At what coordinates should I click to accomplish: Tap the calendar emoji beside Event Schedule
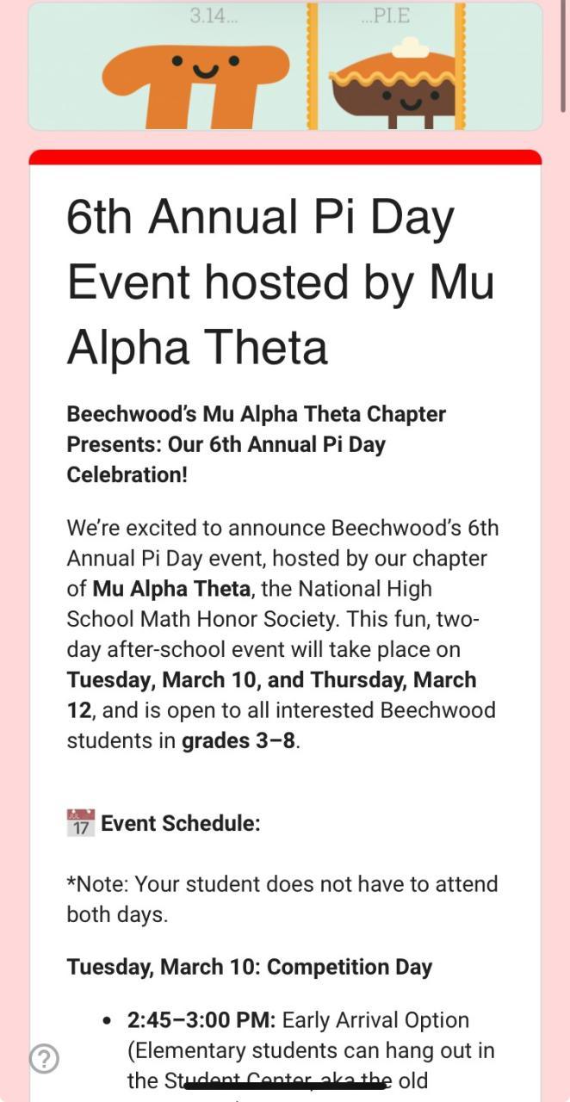tap(80, 823)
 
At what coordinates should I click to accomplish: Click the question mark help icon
tap(44, 1058)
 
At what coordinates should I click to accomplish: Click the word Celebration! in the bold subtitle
tap(127, 474)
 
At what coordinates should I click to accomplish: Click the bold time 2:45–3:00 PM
tap(201, 1020)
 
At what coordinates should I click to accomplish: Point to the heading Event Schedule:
tap(181, 823)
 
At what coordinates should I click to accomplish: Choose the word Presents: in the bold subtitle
tap(110, 444)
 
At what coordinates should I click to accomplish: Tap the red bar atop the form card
tap(285, 157)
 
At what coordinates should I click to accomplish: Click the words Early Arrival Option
tap(375, 1020)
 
